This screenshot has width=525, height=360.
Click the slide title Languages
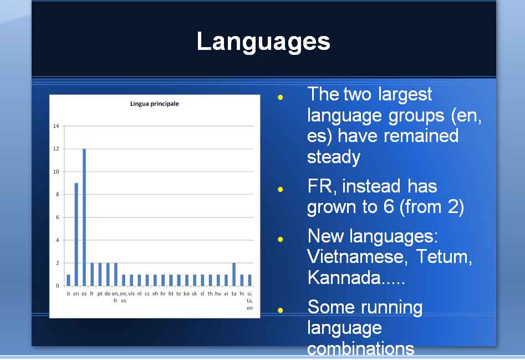263,42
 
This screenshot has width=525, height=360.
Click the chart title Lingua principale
154,104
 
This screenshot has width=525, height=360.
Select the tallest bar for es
84,217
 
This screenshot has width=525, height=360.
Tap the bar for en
77,235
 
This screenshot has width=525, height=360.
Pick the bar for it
69,280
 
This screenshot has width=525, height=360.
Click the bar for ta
234,274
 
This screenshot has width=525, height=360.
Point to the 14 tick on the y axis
56,126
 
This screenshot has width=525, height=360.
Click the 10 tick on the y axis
56,172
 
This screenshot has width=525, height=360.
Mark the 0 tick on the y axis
58,286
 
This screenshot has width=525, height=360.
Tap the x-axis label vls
131,293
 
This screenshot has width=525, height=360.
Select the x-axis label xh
155,293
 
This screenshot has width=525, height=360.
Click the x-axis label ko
186,293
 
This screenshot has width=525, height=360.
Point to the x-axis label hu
218,293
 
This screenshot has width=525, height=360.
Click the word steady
334,157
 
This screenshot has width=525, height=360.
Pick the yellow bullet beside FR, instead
281,190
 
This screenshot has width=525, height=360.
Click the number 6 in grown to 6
389,206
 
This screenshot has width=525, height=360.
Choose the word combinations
360,348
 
